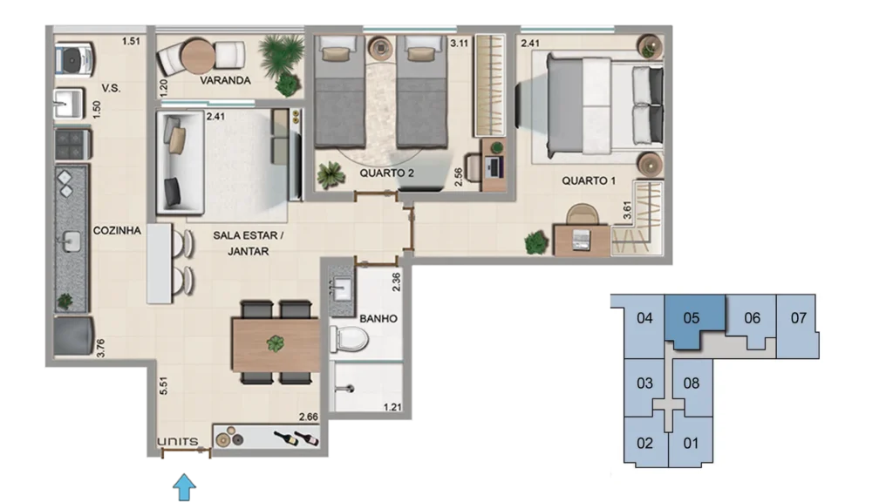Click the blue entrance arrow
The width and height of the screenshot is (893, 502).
[x=184, y=487]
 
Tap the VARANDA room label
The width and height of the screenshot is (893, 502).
[x=225, y=81]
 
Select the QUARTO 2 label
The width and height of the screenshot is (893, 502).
[x=386, y=173]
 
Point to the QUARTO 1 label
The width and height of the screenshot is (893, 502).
[x=589, y=181]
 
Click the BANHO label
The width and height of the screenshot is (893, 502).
[x=378, y=319]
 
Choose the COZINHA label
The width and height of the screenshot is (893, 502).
[x=117, y=230]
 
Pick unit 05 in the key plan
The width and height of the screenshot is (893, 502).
[x=691, y=318]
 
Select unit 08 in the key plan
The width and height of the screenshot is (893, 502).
[x=691, y=383]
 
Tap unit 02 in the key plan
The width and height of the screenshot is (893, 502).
[x=644, y=443]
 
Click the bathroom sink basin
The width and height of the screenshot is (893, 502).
[x=342, y=289]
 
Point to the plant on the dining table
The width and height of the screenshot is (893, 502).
[x=276, y=343]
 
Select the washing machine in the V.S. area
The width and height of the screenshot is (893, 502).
[x=75, y=58]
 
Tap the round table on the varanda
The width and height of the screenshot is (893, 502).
[x=198, y=57]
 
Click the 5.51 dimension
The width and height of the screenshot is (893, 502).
[x=163, y=385]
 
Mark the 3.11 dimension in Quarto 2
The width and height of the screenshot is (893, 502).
[x=459, y=43]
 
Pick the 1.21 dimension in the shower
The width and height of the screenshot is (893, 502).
[x=392, y=407]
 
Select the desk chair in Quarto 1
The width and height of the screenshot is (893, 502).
[x=582, y=214]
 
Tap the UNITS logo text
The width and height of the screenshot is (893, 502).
[x=178, y=442]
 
